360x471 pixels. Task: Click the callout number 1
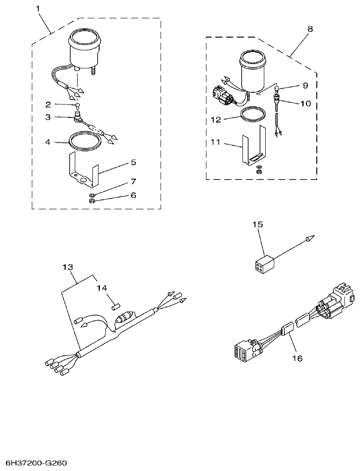pyautogui.click(x=38, y=8)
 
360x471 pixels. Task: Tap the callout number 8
pyautogui.click(x=310, y=29)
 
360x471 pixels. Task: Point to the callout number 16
pyautogui.click(x=297, y=358)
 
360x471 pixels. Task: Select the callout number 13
pyautogui.click(x=68, y=267)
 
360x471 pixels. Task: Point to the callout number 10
pyautogui.click(x=305, y=103)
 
